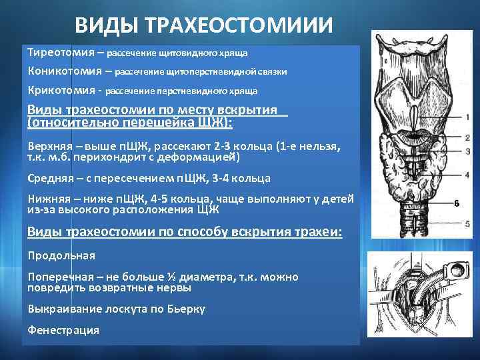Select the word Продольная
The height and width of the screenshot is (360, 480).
click(x=61, y=255)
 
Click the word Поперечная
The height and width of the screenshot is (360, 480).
click(x=61, y=277)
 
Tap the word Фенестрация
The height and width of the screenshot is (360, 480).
click(x=63, y=329)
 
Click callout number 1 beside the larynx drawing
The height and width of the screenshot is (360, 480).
click(x=468, y=117)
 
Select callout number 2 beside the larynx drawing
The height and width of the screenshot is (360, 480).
click(x=468, y=138)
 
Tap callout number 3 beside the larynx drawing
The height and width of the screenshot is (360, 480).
click(x=468, y=152)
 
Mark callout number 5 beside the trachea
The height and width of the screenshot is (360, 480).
click(x=468, y=223)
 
